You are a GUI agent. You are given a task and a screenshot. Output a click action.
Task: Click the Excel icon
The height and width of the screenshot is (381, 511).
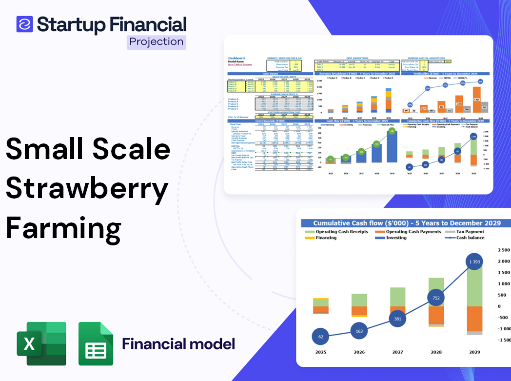41,343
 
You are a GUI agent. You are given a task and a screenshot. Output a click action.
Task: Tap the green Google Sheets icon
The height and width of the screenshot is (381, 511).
96,343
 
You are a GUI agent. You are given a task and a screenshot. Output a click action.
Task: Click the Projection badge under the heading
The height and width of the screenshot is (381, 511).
156,41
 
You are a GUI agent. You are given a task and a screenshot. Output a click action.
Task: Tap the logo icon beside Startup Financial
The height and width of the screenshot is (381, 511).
24,24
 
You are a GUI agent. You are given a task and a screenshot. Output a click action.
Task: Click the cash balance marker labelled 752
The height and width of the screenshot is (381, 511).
436,298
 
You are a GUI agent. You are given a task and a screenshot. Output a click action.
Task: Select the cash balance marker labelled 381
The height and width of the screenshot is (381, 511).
397,319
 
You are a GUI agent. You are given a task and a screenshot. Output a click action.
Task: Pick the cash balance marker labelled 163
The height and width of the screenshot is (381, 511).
359,331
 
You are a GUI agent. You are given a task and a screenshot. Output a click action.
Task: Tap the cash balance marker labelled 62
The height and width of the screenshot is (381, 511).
320,337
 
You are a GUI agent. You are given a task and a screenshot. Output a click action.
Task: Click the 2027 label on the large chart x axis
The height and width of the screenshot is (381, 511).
397,352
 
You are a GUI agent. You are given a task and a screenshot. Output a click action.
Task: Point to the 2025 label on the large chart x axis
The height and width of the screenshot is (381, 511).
320,352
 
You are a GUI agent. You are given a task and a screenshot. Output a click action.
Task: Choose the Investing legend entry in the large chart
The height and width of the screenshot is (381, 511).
396,238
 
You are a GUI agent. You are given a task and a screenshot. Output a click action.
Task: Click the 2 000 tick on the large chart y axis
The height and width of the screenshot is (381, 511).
503,261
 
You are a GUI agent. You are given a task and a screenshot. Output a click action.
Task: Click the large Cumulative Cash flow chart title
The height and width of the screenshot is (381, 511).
407,223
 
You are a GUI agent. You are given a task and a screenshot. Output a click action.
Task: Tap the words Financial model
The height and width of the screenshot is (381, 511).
178,344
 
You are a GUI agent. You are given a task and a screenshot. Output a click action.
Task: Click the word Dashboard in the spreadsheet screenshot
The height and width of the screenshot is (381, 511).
236,58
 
